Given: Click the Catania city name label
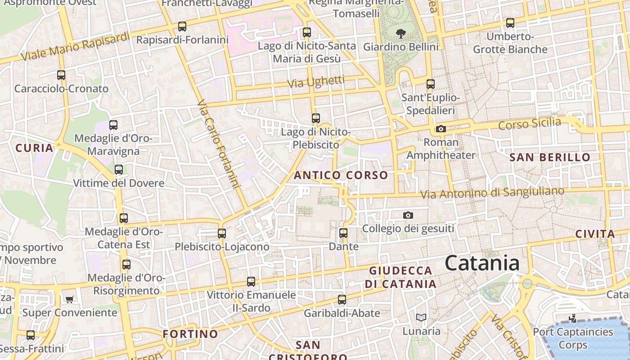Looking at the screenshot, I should (482, 263).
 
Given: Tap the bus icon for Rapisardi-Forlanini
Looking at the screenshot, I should (182, 27).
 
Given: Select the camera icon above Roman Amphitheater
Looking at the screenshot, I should (441, 129).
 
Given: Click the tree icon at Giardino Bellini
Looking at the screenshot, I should (400, 33).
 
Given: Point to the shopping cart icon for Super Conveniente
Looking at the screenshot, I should (69, 299).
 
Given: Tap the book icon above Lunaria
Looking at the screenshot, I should (421, 318).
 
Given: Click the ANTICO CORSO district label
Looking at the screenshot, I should (341, 175).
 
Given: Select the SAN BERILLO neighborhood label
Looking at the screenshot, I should (550, 157).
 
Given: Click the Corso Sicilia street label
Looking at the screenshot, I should (530, 123).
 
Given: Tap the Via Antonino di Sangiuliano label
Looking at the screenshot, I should (492, 192).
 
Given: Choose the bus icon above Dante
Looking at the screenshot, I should (343, 233).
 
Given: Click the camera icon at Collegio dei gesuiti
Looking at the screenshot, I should (408, 216).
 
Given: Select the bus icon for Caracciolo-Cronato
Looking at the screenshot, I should (61, 75).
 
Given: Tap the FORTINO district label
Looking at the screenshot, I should (190, 334).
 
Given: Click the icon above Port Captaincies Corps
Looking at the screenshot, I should (573, 319).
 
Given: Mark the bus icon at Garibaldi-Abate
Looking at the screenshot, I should (342, 300).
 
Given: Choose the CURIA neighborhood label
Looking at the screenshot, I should (34, 148).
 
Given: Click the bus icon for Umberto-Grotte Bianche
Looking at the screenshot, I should (510, 23).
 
